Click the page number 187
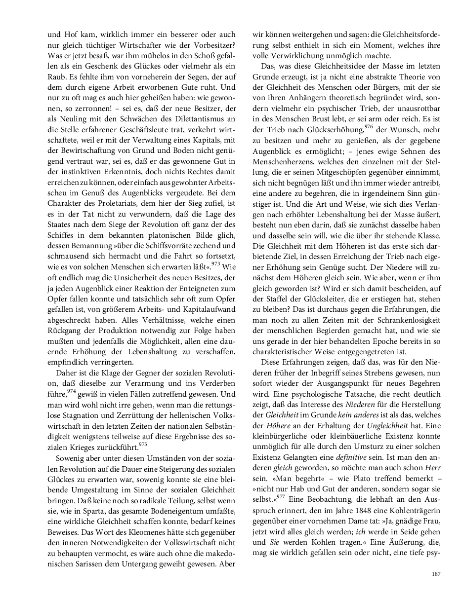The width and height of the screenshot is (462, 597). (x=435, y=574)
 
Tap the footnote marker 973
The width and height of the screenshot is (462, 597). (x=215, y=264)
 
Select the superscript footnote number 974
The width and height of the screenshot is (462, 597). (x=72, y=391)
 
